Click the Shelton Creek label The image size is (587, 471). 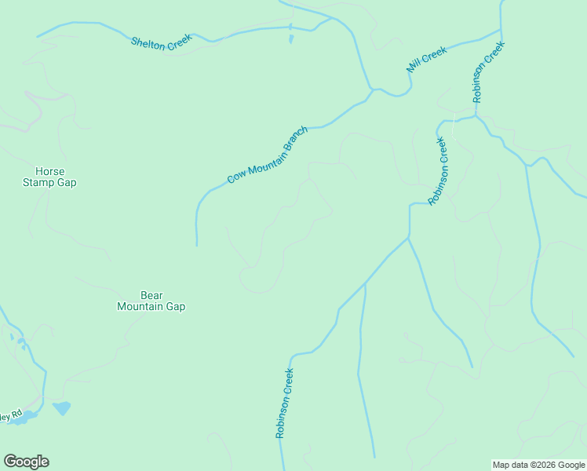tap(161, 45)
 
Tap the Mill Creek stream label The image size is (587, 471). tap(427, 60)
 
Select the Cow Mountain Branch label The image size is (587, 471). tap(267, 155)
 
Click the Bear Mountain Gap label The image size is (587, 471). tap(151, 301)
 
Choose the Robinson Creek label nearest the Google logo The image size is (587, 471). tap(284, 403)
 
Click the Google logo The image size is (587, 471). tap(26, 462)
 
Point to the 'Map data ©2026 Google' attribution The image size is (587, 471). tap(539, 465)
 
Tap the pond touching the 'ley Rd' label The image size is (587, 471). tap(25, 417)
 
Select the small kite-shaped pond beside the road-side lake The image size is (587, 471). tap(61, 408)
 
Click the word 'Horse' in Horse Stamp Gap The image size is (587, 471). tap(50, 172)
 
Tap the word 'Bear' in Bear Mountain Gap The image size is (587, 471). tap(151, 295)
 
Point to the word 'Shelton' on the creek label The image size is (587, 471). tap(148, 43)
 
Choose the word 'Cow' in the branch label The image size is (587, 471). tap(235, 177)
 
